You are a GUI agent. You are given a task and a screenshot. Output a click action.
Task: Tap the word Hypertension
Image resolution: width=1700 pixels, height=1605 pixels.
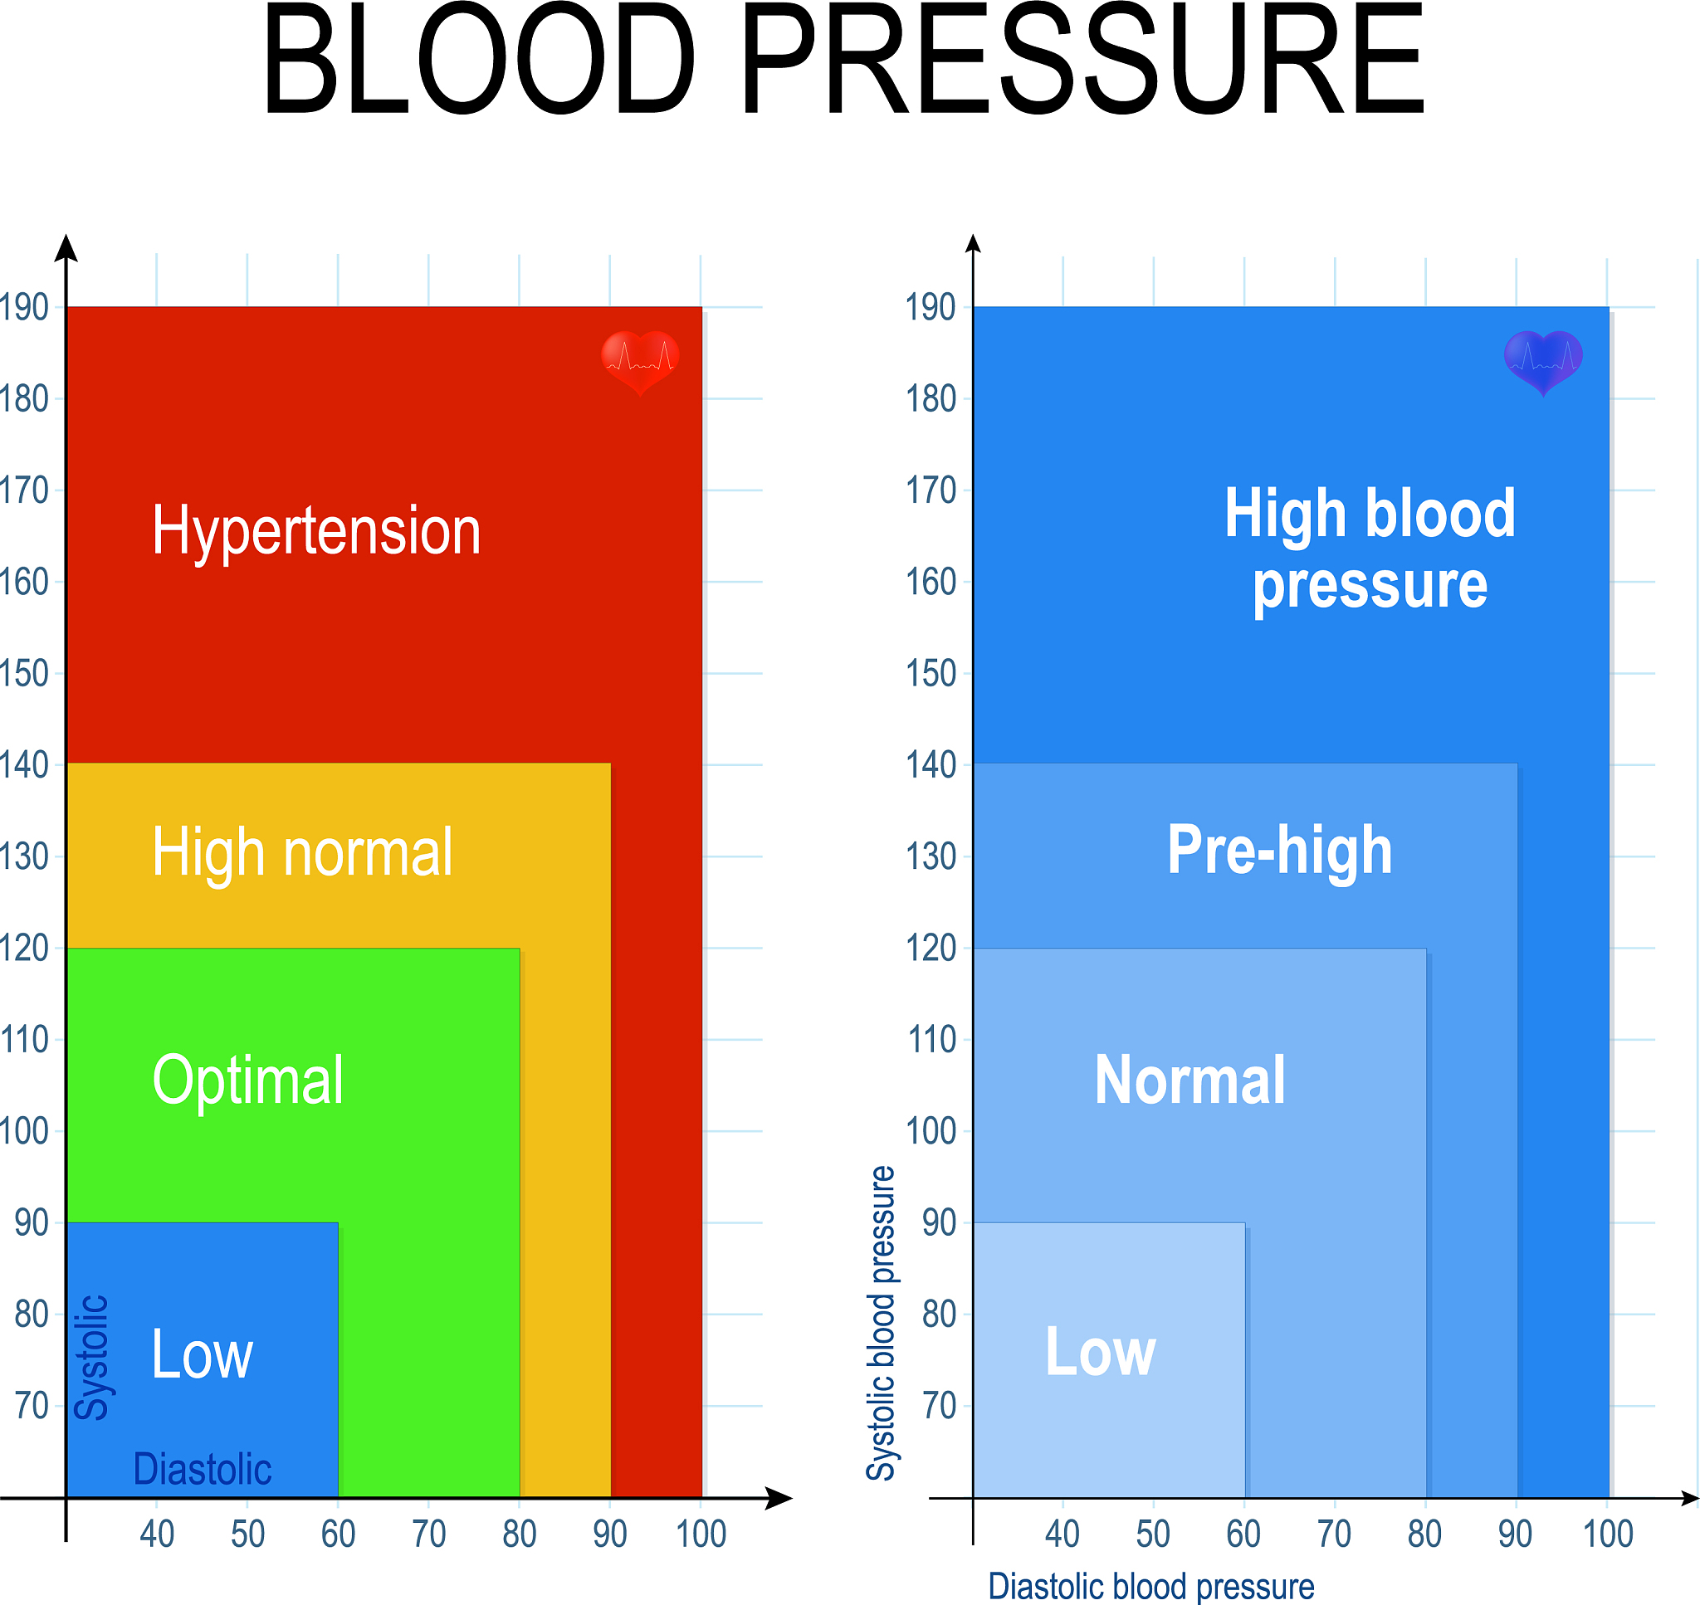click(x=316, y=531)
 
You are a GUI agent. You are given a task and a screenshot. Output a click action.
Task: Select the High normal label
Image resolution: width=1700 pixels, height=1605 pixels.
click(x=302, y=853)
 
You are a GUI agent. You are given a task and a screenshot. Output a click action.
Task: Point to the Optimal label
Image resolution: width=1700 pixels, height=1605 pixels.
click(x=248, y=1081)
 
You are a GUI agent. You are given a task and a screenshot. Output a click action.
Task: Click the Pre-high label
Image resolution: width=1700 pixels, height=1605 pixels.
click(x=1280, y=851)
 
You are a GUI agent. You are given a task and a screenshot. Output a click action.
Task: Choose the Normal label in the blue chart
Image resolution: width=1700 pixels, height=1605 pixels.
click(x=1190, y=1081)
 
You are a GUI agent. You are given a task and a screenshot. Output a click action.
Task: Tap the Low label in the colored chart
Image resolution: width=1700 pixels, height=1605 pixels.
click(x=202, y=1354)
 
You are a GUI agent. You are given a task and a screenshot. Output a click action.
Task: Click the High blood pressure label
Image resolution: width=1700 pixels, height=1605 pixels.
click(x=1370, y=549)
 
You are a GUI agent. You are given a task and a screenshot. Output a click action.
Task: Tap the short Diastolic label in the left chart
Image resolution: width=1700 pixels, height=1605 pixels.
click(x=203, y=1469)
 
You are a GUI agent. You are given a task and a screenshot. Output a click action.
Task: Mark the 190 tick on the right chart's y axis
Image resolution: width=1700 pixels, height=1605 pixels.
click(x=931, y=307)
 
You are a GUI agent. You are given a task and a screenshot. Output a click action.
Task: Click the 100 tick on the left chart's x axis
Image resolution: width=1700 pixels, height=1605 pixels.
click(x=701, y=1534)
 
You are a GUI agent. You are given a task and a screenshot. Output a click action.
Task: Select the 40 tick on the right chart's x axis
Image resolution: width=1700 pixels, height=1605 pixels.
click(x=1062, y=1534)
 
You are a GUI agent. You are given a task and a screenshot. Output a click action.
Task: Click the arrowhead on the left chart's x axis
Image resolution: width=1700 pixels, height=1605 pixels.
click(x=779, y=1498)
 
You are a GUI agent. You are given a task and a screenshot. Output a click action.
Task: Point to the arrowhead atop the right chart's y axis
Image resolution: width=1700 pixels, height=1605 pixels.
click(x=973, y=243)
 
